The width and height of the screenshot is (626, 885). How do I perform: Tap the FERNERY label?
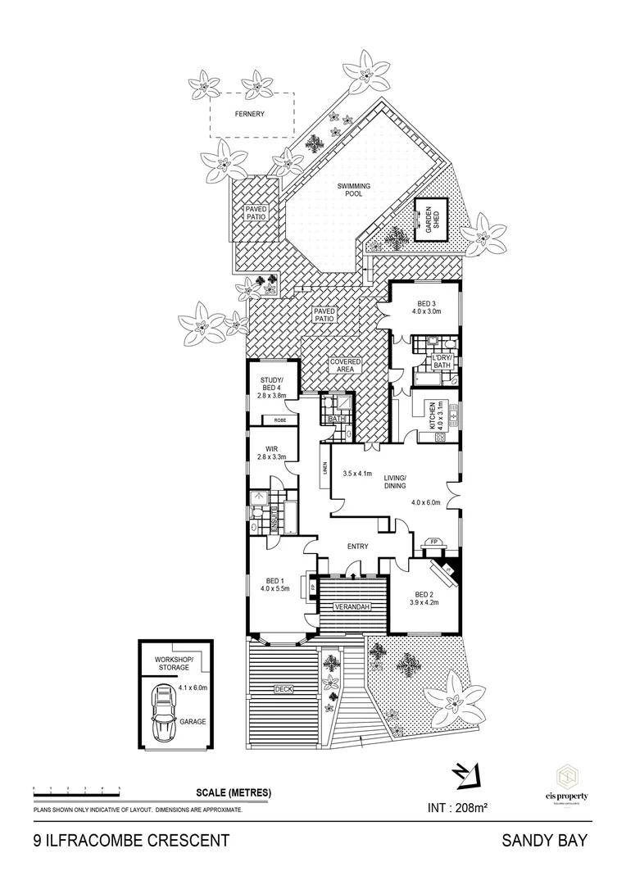(x=250, y=114)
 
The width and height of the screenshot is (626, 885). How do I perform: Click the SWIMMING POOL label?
(x=354, y=191)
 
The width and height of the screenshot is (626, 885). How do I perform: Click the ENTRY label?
(x=357, y=547)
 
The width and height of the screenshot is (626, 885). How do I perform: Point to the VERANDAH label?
(x=352, y=607)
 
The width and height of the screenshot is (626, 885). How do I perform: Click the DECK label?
(x=284, y=689)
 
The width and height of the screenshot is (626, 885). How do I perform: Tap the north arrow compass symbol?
(x=465, y=773)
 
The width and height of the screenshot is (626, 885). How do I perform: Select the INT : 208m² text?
(x=458, y=808)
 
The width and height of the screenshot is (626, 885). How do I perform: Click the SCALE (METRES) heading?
(x=234, y=792)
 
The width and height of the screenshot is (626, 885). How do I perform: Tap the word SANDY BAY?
(x=546, y=840)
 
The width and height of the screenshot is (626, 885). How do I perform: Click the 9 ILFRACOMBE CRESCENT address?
(x=125, y=840)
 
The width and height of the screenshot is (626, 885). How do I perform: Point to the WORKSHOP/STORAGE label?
(x=173, y=664)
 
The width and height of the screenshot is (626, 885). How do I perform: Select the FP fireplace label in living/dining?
(x=432, y=542)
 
